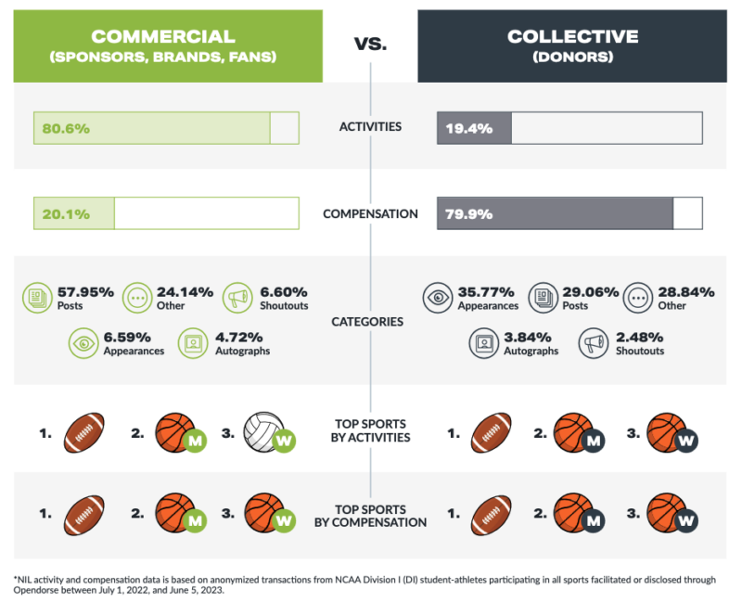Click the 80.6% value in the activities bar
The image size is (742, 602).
tap(63, 128)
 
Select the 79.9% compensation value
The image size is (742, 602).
tap(467, 213)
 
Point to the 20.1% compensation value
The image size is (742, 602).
tap(63, 213)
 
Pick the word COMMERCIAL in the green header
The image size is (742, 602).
tap(162, 36)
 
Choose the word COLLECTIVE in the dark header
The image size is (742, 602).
tap(572, 36)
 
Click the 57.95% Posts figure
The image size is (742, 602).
tap(85, 291)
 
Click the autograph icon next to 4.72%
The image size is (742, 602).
tap(191, 344)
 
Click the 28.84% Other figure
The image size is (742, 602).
tap(685, 291)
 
